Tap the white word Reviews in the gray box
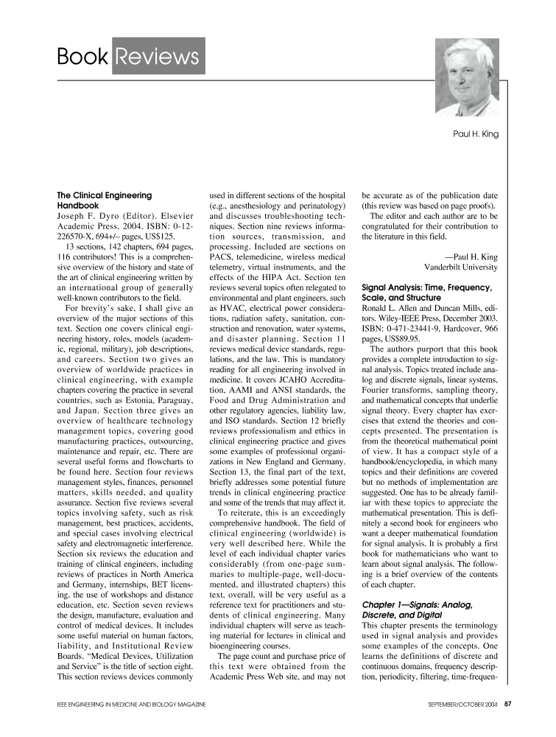point(158,57)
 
